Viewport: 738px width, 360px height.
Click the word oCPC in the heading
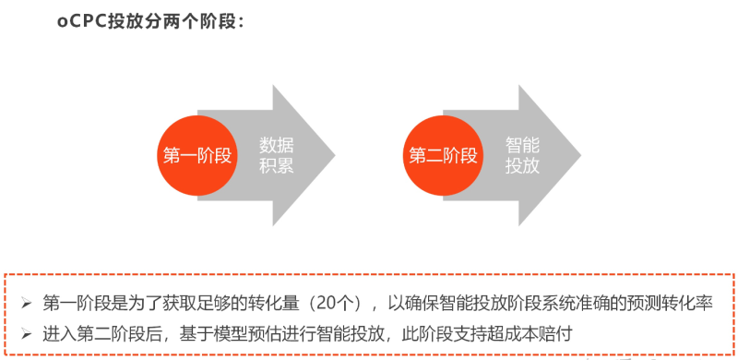click(79, 21)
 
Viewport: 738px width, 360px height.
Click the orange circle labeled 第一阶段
click(196, 155)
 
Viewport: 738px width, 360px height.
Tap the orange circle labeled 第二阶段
click(442, 155)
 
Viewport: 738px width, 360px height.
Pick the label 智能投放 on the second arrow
click(521, 155)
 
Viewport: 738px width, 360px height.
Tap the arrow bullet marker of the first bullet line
click(26, 303)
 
